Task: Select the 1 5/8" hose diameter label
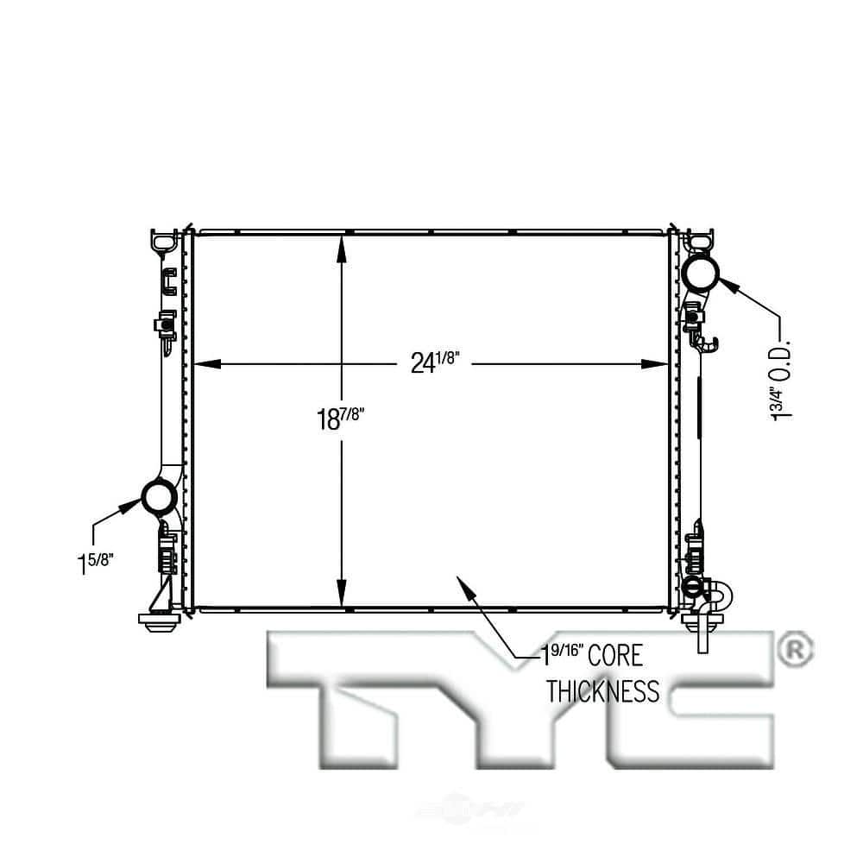(x=95, y=563)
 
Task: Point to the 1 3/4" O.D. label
(x=780, y=381)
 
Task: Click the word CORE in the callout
(x=615, y=656)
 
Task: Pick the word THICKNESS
(x=602, y=692)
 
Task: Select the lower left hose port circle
(x=159, y=497)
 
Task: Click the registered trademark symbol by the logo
(x=794, y=650)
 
